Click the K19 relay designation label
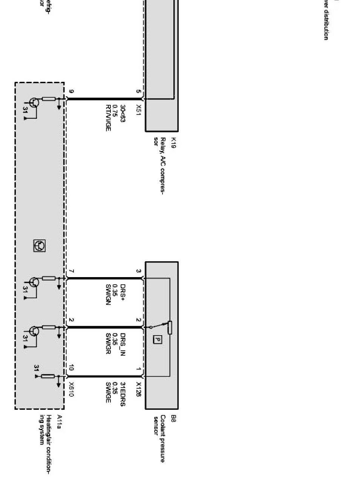(173, 143)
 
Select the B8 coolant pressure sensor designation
(173, 418)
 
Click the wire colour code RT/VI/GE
(108, 118)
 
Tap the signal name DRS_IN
(123, 343)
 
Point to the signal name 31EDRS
(123, 394)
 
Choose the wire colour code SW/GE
(108, 392)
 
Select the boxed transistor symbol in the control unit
(39, 246)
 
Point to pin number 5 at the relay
(138, 92)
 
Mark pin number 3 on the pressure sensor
(138, 271)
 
